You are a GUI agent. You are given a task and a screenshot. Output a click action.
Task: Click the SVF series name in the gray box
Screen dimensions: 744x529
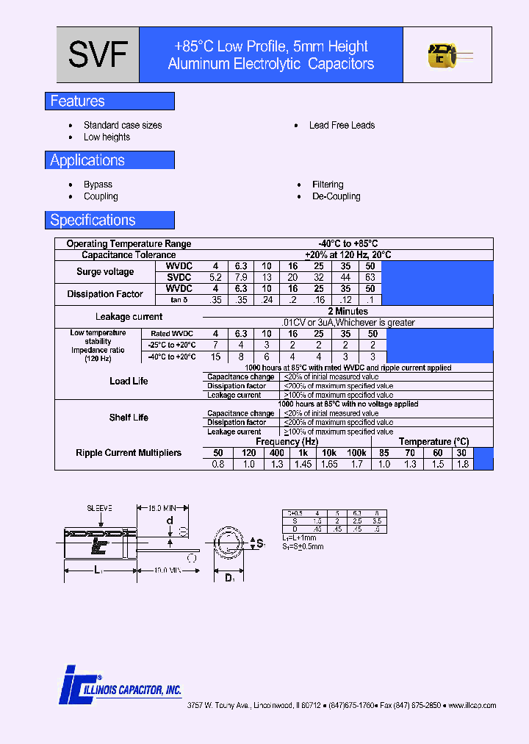click(x=98, y=55)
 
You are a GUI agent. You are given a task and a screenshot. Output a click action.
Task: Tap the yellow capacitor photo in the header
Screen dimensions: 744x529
click(x=442, y=55)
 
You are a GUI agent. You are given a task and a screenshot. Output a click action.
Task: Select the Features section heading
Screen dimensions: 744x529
click(x=77, y=101)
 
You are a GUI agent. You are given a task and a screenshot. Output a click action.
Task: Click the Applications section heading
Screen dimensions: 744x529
click(x=87, y=160)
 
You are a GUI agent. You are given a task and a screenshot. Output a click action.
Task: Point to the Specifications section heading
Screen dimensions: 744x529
click(x=93, y=220)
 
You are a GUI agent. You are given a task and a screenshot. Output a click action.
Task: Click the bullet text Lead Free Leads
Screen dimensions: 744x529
click(x=342, y=125)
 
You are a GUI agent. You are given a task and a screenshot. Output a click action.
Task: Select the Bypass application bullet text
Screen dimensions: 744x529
click(x=98, y=185)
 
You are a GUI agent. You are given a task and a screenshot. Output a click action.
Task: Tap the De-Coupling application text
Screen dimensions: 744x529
click(x=337, y=196)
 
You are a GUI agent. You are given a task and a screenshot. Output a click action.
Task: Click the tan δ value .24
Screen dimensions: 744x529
click(x=267, y=300)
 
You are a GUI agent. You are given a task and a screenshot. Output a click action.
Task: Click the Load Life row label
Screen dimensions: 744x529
click(x=129, y=381)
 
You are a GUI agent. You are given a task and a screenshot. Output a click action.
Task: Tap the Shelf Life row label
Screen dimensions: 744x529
click(x=129, y=418)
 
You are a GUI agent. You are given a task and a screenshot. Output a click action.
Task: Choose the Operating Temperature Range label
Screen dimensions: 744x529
click(x=129, y=243)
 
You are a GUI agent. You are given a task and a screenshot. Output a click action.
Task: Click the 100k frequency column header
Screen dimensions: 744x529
click(x=356, y=453)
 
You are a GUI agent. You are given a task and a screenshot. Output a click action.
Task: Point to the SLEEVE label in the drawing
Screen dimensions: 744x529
click(x=99, y=508)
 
